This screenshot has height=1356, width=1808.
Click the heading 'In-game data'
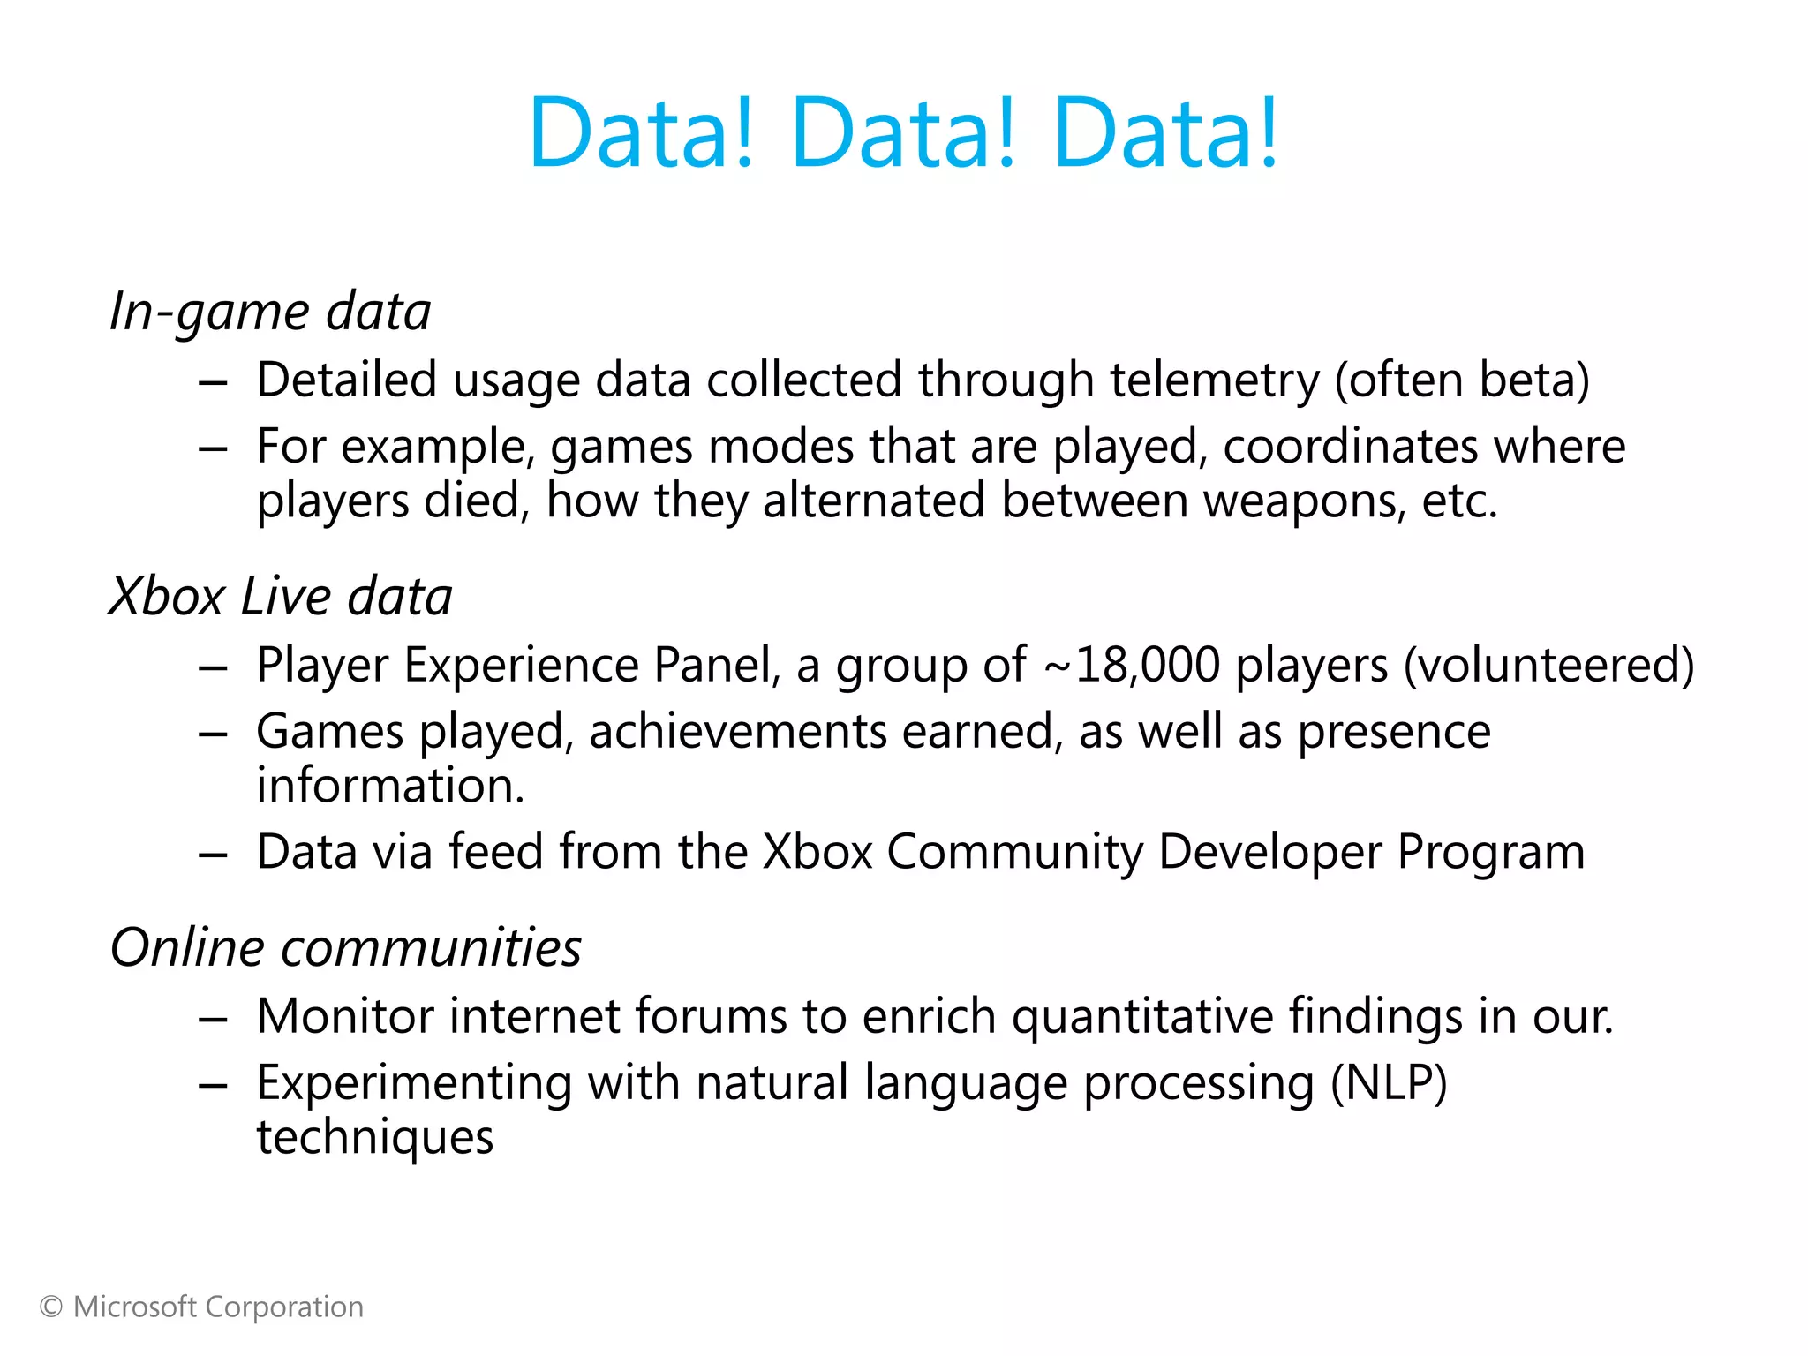click(x=270, y=312)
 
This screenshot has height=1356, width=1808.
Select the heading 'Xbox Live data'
click(x=280, y=596)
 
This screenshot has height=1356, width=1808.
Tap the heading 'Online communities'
click(x=346, y=947)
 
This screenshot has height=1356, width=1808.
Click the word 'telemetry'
click(x=1215, y=380)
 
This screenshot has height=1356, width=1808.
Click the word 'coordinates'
click(x=1350, y=446)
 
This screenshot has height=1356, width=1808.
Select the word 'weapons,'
click(x=1305, y=501)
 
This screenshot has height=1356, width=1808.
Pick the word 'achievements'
click(x=738, y=732)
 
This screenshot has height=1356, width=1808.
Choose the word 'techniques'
click(x=375, y=1137)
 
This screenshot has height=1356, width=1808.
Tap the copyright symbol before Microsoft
click(x=51, y=1307)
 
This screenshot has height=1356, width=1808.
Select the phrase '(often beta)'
click(x=1462, y=380)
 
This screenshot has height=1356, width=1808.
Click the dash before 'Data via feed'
click(x=213, y=854)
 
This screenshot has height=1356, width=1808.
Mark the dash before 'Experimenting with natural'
click(x=213, y=1085)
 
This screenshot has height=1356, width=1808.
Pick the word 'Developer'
click(x=1270, y=852)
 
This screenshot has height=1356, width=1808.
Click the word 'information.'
click(x=390, y=786)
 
